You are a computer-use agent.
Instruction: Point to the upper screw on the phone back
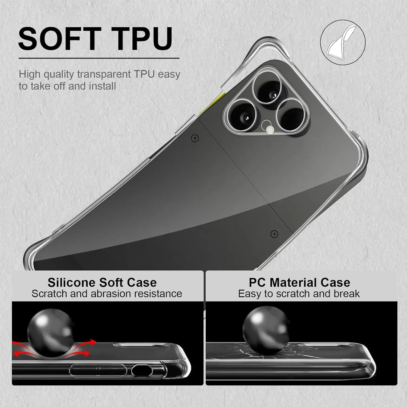pyautogui.click(x=195, y=138)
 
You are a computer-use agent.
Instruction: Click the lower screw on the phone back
pyautogui.click(x=274, y=234)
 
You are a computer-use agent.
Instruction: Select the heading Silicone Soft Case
pyautogui.click(x=102, y=282)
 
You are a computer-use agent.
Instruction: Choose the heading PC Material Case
pyautogui.click(x=299, y=282)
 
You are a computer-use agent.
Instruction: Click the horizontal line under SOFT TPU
pyautogui.click(x=99, y=58)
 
